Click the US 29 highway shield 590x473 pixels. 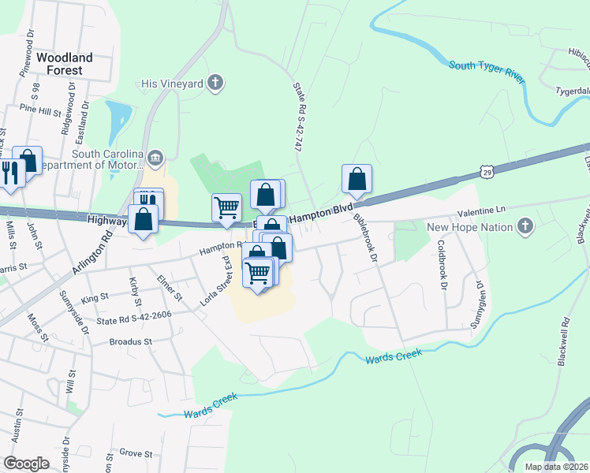[487, 171]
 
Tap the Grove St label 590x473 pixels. [136, 453]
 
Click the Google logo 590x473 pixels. [26, 463]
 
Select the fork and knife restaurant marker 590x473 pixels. [9, 173]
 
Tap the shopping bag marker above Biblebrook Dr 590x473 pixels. [357, 179]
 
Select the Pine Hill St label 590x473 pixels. [41, 110]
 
